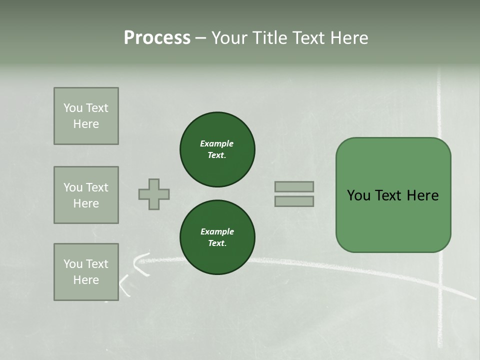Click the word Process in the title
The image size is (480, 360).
[x=157, y=37]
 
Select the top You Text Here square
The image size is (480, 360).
[x=86, y=116]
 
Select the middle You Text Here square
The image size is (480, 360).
[x=86, y=195]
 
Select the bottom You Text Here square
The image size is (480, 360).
[x=86, y=272]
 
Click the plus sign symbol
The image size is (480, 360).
[x=154, y=194]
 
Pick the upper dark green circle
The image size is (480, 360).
[x=217, y=149]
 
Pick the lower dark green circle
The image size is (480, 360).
[x=217, y=237]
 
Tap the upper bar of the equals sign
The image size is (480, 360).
[x=294, y=186]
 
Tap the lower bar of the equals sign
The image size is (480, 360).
[x=294, y=201]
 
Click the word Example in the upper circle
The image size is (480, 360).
[x=216, y=143]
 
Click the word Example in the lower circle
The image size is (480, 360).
[x=217, y=231]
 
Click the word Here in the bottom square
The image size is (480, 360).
[x=86, y=280]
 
